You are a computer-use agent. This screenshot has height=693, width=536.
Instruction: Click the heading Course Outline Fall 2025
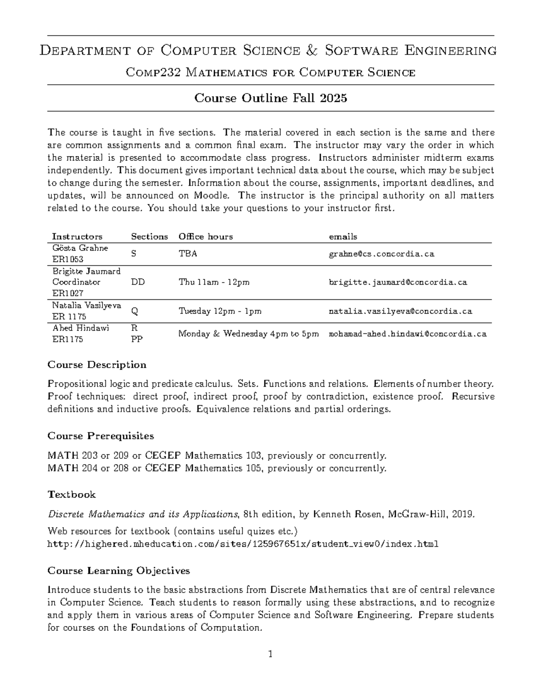[271, 98]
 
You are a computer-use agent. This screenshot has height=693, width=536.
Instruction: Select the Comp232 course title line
[271, 72]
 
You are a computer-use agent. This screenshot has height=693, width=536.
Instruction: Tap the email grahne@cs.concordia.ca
[381, 254]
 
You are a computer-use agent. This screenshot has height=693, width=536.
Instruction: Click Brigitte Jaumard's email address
[398, 282]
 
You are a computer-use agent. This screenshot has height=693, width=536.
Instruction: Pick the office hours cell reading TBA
[188, 254]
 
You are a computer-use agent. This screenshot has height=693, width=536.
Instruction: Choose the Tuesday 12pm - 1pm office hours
[220, 311]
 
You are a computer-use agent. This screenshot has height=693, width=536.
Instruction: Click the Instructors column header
[77, 237]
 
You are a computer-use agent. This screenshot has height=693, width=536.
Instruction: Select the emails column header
[343, 237]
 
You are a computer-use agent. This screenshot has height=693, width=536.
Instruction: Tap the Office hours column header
[205, 237]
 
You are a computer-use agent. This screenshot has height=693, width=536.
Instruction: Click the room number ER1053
[68, 259]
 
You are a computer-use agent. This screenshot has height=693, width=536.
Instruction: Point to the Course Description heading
[97, 365]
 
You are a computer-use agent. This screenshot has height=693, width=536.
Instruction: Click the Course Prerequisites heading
[100, 436]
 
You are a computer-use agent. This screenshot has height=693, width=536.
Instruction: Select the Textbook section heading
[71, 494]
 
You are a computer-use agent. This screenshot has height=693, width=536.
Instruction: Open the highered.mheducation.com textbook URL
[243, 544]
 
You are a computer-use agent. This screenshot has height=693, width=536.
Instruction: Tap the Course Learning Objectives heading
[119, 571]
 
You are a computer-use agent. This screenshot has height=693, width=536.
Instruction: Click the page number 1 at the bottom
[270, 655]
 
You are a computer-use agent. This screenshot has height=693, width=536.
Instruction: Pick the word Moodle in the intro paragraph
[212, 195]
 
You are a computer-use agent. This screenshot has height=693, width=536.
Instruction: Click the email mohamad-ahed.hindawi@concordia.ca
[407, 334]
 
